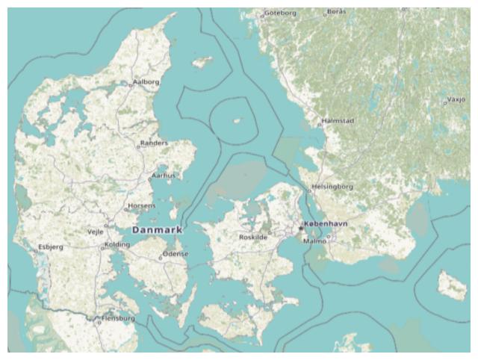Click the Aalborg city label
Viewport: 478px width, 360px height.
pos(146,81)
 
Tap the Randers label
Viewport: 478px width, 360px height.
pos(155,142)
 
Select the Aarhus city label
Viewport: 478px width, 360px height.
pos(164,176)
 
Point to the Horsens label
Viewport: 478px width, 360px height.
pos(142,205)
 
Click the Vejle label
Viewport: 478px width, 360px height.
pos(96,232)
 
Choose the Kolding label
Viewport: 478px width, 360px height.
pos(117,244)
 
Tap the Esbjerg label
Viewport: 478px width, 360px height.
pos(51,246)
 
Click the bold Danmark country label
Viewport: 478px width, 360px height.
pos(157,230)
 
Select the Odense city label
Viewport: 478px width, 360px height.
pos(176,254)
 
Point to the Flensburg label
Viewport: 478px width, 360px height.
pos(118,318)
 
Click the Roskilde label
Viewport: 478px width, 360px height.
pos(252,237)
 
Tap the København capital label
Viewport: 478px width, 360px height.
pos(326,224)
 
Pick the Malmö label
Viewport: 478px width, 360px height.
pos(315,241)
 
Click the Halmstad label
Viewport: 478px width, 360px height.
pos(338,120)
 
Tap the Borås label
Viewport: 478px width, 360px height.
pos(337,11)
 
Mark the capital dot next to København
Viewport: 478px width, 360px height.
pos(300,227)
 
